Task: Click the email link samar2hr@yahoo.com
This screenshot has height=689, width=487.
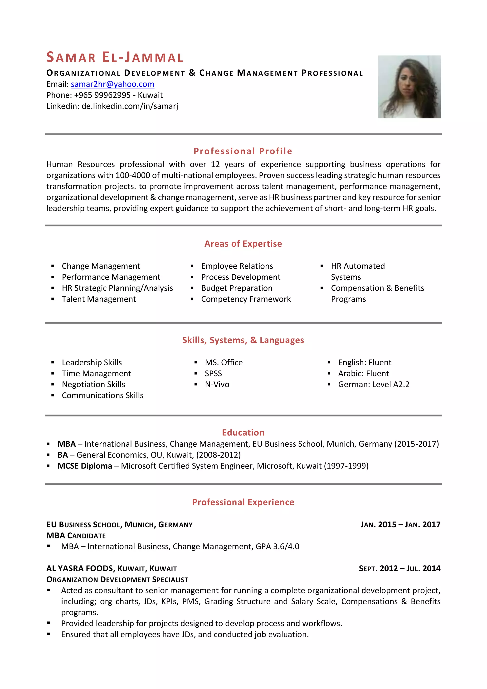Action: click(112, 84)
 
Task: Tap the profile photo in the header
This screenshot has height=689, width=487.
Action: click(409, 87)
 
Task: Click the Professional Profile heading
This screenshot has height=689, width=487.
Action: click(243, 151)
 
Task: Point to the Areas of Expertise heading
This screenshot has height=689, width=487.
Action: click(243, 244)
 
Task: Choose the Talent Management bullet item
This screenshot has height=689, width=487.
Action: click(99, 299)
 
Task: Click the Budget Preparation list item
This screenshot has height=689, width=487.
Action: click(237, 288)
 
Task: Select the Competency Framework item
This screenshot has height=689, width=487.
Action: click(246, 299)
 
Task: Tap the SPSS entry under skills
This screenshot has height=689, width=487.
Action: click(213, 374)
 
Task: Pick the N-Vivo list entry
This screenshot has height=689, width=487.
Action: click(217, 384)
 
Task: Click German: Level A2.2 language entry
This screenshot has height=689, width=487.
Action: click(374, 384)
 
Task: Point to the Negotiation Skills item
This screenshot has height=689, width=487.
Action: click(93, 384)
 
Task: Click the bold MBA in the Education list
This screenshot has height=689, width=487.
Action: click(67, 444)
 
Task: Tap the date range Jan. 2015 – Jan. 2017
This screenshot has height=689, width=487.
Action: click(400, 525)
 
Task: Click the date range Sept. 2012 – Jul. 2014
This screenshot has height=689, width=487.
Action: click(399, 568)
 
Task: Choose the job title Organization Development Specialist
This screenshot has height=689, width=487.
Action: click(117, 579)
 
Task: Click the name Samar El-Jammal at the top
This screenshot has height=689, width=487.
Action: click(115, 57)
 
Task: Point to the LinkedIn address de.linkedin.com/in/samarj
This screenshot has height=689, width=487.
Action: click(130, 106)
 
